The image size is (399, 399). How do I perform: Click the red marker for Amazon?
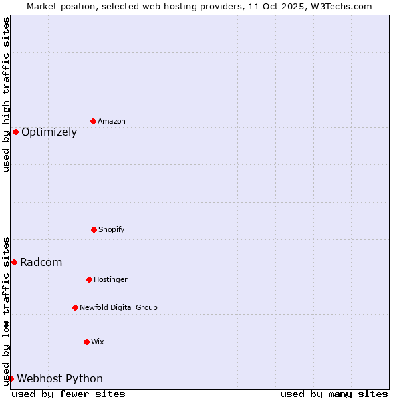click(93, 121)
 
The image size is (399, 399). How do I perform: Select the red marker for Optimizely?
click(15, 132)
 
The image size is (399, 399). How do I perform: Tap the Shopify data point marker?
click(94, 229)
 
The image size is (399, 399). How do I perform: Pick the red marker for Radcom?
click(14, 262)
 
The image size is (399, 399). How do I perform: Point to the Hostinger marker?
click(89, 279)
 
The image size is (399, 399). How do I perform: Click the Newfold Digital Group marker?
click(75, 307)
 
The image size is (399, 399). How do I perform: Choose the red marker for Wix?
click(86, 342)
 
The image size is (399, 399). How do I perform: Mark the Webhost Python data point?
click(11, 378)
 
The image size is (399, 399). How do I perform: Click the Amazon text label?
click(112, 121)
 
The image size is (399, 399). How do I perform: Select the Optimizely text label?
click(49, 132)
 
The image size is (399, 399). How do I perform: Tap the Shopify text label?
click(112, 229)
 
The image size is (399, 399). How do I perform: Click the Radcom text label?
click(41, 262)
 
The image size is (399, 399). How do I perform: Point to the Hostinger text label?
click(110, 279)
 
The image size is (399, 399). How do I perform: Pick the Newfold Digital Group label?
click(118, 307)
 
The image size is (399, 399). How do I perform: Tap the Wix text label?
click(98, 342)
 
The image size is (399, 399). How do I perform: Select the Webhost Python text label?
click(60, 378)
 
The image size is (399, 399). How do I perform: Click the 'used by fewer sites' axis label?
click(68, 394)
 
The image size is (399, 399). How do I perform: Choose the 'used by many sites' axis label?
click(334, 394)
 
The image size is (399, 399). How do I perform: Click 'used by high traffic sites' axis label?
click(6, 94)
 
